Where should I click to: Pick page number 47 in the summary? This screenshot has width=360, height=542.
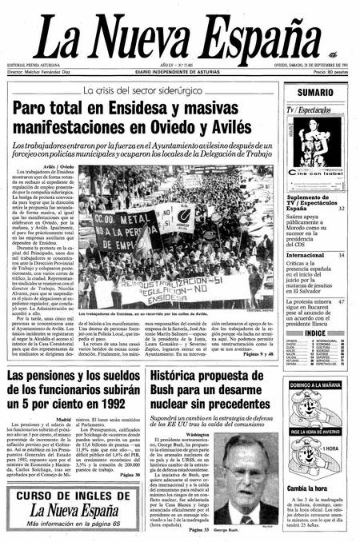342,301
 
